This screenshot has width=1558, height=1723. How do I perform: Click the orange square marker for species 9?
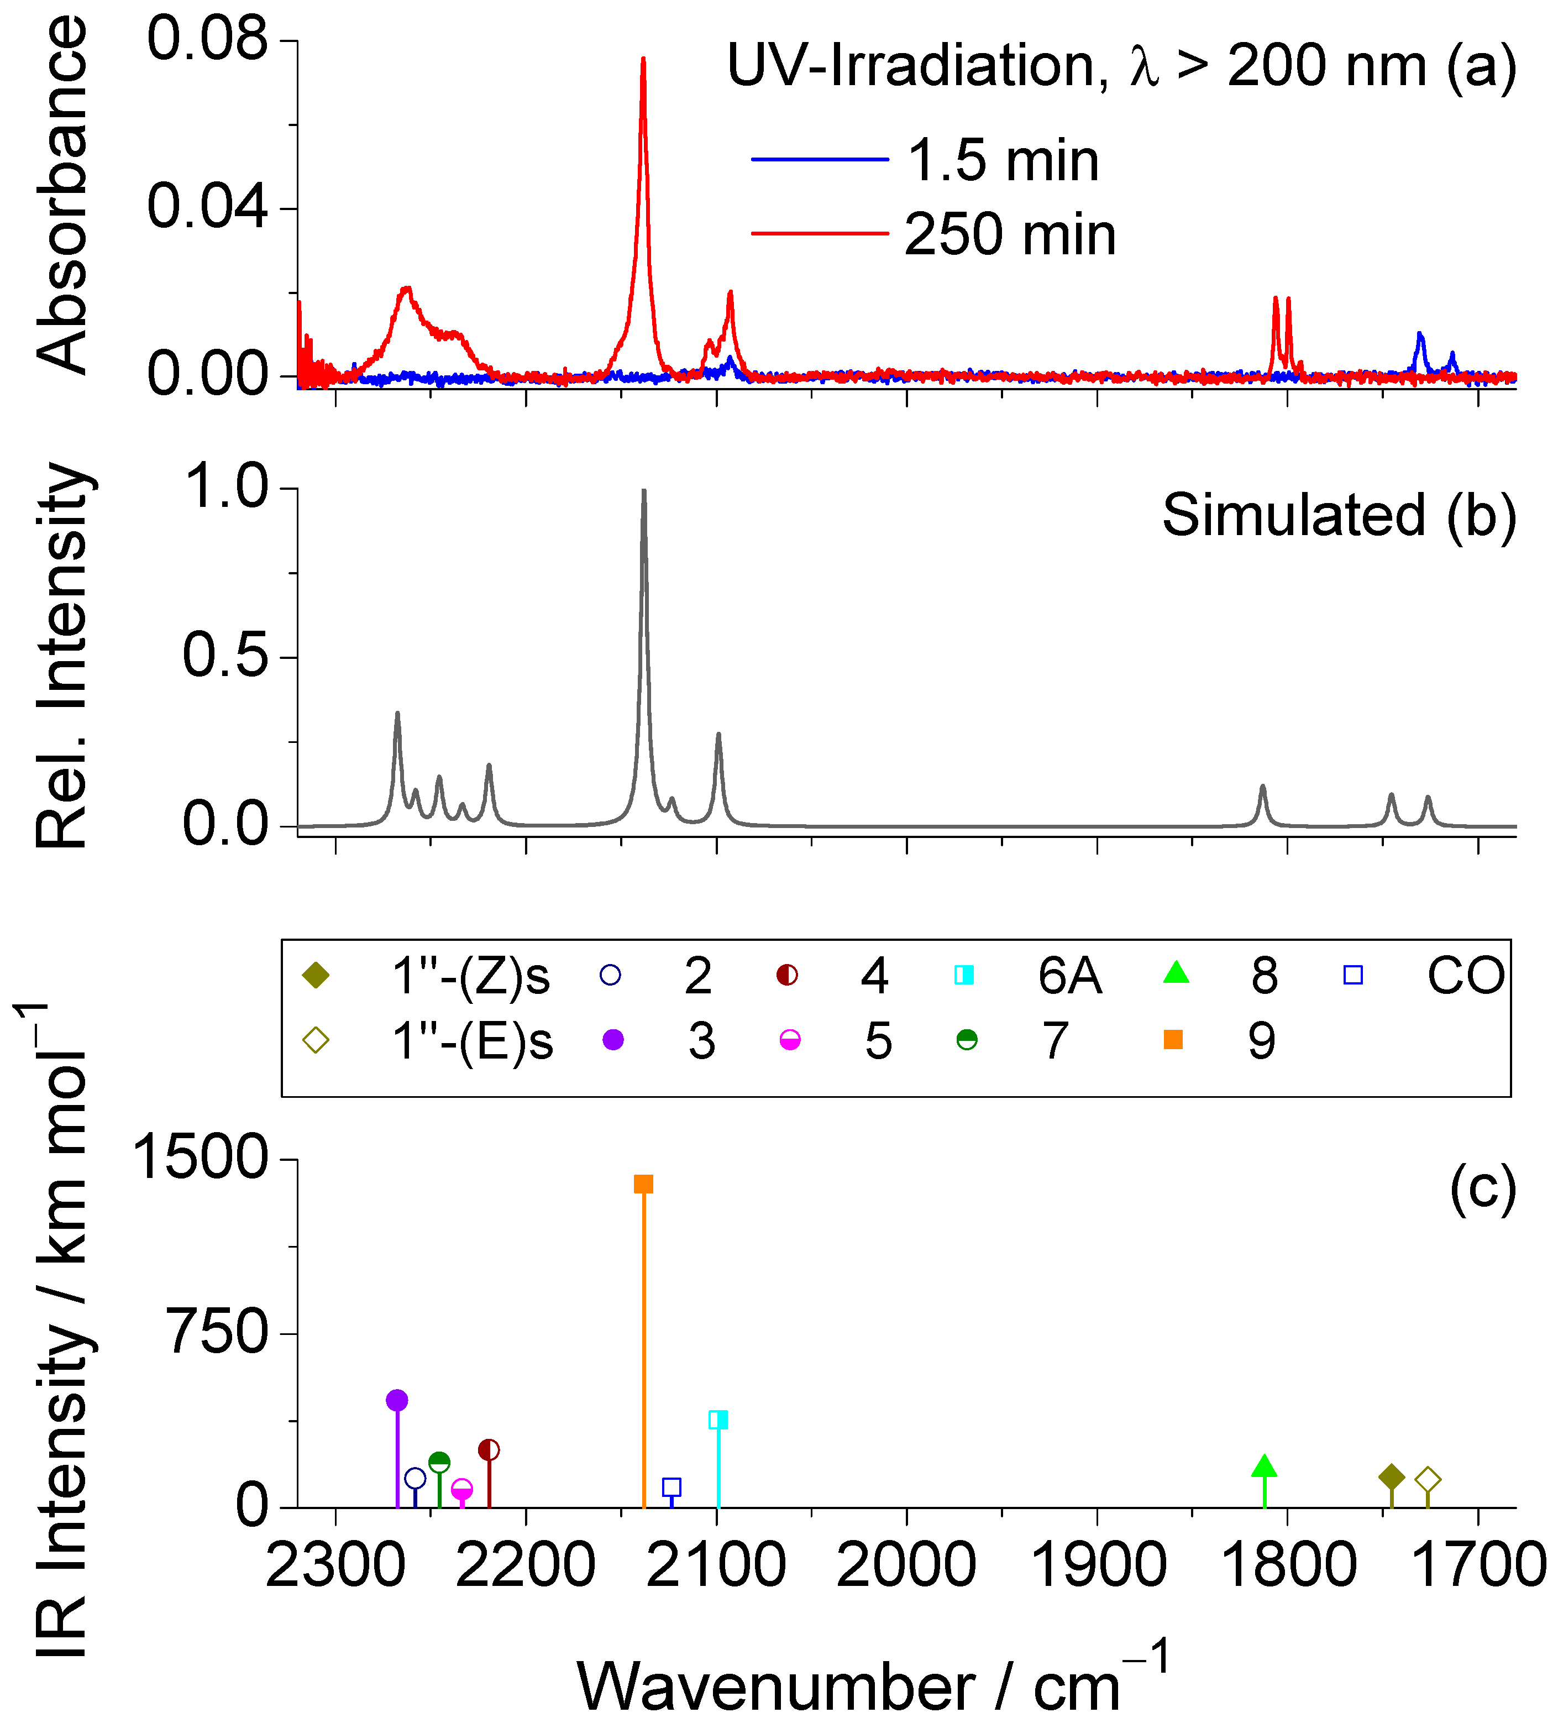pos(643,1183)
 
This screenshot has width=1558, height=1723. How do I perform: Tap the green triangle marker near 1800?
pos(1264,1466)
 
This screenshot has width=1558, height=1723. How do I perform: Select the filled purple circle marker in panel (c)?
pos(397,1400)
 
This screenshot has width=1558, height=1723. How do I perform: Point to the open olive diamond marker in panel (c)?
pos(1427,1479)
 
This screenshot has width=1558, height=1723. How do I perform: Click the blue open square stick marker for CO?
pos(672,1487)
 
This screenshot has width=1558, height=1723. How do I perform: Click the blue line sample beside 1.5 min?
pos(819,159)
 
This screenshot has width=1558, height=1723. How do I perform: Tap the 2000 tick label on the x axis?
pos(906,1566)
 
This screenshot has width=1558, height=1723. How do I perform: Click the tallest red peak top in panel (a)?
pos(643,59)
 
